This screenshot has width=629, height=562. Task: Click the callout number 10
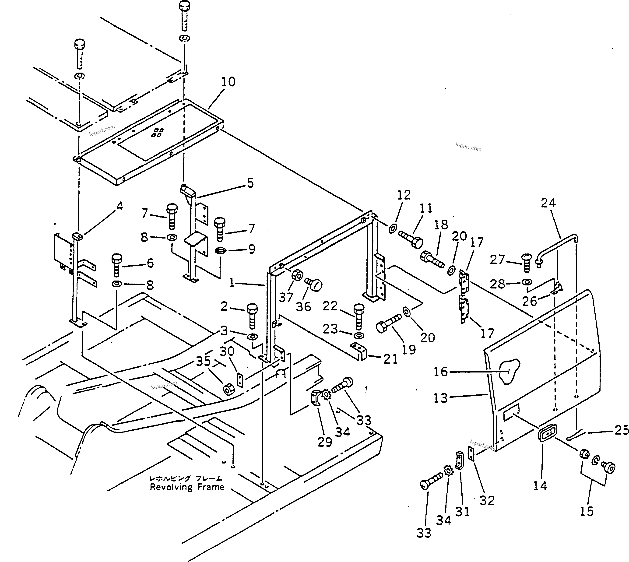point(228,82)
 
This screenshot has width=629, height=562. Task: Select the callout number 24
point(548,203)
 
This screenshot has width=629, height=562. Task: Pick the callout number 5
point(250,183)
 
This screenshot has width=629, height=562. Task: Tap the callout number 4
point(119,206)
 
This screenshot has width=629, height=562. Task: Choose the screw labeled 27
point(527,262)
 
